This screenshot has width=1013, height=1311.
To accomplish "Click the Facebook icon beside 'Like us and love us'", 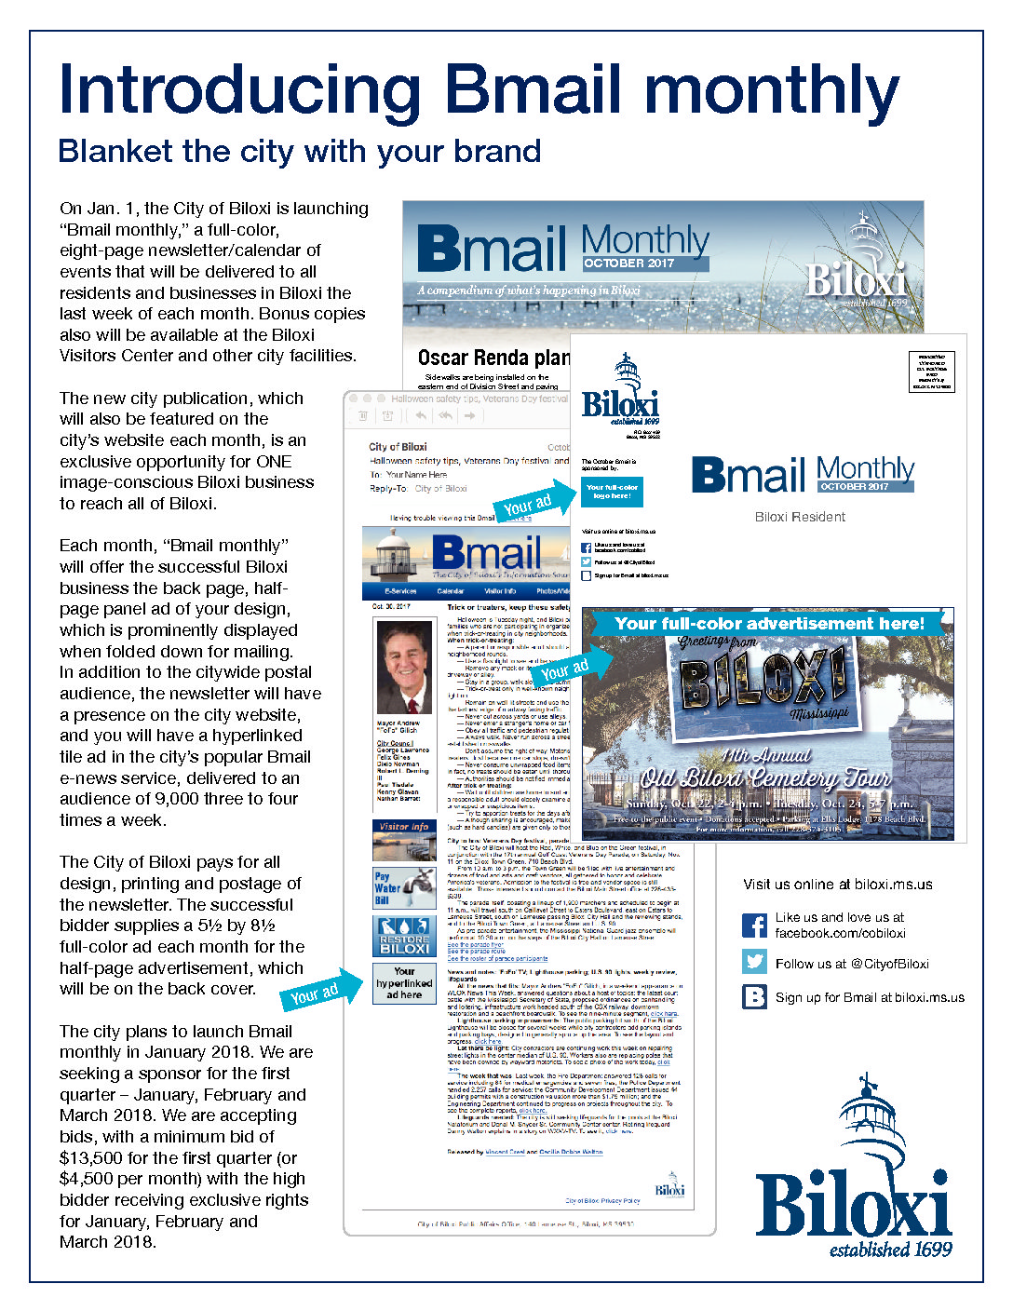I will click(754, 926).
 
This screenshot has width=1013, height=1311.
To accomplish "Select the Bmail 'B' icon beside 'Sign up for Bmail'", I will click(754, 997).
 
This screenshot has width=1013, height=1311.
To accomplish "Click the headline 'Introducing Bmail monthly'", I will click(479, 90).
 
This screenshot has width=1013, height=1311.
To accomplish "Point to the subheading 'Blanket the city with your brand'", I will click(299, 151).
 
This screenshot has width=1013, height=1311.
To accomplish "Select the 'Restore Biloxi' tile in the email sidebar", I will click(404, 936).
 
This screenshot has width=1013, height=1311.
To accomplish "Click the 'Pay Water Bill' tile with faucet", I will click(404, 888).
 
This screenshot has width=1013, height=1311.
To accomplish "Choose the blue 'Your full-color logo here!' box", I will click(612, 491).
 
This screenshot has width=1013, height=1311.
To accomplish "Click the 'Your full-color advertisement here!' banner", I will click(769, 623).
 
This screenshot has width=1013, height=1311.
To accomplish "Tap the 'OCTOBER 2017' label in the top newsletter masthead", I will click(629, 264).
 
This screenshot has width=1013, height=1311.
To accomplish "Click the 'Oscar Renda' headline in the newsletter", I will click(493, 358).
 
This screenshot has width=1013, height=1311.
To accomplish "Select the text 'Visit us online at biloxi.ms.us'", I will click(837, 885).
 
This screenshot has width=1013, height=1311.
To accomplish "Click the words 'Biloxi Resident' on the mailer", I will click(800, 517).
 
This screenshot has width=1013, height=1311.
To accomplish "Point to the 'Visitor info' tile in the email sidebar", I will click(404, 840).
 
